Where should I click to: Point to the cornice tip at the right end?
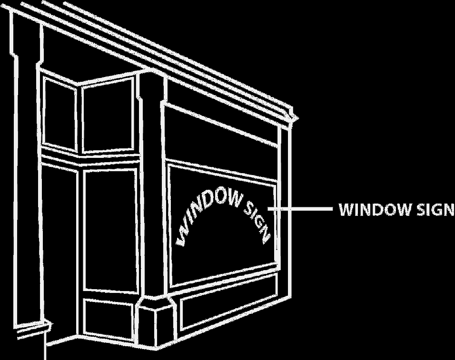pyautogui.click(x=294, y=116)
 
